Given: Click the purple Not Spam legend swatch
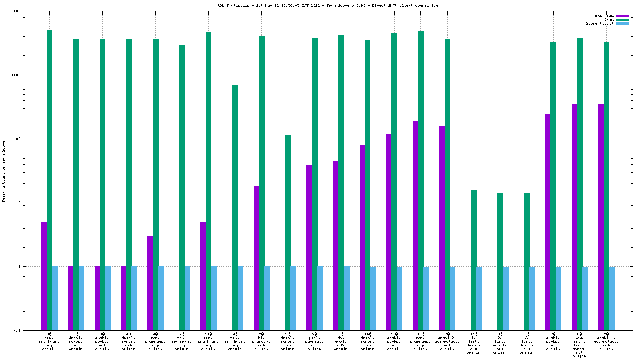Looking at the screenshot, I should [x=622, y=16].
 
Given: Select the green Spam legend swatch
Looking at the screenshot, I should [x=622, y=20].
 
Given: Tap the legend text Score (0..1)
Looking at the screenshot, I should [x=600, y=23].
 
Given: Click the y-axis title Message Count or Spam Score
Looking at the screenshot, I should [x=4, y=171].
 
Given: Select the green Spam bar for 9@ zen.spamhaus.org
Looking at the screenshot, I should [x=235, y=207].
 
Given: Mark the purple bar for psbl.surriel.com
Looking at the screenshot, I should [x=309, y=248].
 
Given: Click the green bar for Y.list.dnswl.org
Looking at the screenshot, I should [x=527, y=262].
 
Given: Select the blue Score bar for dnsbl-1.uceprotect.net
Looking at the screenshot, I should [x=611, y=298].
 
